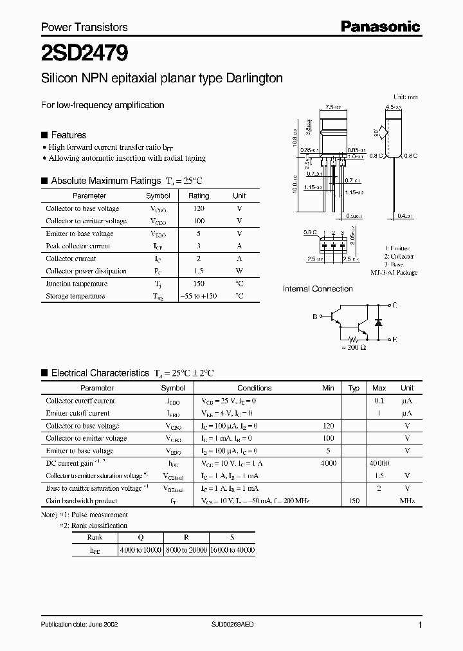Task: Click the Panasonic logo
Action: click(380, 26)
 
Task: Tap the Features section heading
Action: click(68, 135)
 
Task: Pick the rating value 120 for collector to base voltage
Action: click(199, 208)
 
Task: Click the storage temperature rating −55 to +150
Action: click(199, 296)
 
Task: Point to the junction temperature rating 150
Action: click(199, 284)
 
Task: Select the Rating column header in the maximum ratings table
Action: click(199, 196)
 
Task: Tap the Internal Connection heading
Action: click(318, 289)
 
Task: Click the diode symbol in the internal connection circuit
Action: click(379, 321)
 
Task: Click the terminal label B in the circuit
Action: click(315, 316)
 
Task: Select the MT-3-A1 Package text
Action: click(394, 272)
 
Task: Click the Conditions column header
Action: click(254, 388)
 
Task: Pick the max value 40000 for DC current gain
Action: click(379, 463)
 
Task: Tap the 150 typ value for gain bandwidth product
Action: click(353, 500)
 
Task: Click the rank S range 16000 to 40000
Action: click(233, 551)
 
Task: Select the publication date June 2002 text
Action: click(79, 625)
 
